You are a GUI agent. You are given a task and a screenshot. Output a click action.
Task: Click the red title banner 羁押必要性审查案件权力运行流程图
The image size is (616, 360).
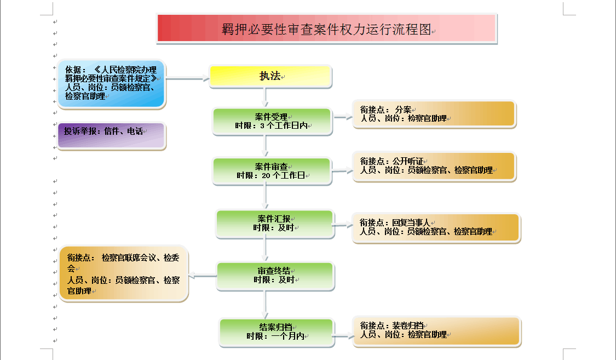326,28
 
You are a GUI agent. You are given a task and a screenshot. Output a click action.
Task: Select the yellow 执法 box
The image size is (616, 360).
270,76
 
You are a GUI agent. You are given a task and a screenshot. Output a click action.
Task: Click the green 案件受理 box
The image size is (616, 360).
272,121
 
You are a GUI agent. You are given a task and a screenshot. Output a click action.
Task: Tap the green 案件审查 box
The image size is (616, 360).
272,170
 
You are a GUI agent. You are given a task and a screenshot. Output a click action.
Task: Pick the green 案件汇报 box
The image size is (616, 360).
275,224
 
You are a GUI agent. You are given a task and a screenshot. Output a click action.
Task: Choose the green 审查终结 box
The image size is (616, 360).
275,276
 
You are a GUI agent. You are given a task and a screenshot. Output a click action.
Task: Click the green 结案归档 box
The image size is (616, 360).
277,332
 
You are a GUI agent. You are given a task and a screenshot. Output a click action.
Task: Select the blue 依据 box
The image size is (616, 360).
111,83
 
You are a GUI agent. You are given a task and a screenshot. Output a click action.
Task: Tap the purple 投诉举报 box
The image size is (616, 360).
111,135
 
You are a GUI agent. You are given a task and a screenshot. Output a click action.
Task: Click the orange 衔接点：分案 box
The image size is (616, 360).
434,114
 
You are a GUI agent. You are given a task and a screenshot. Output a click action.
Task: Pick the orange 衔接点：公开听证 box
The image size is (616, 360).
434,166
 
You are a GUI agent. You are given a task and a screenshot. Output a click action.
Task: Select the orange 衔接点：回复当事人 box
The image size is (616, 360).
436,227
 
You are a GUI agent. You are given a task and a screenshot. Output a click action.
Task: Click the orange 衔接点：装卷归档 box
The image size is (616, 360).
437,330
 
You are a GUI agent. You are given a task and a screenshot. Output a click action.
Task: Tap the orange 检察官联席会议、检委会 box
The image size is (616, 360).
124,273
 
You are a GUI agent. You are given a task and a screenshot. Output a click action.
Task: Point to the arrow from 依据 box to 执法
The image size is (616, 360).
187,79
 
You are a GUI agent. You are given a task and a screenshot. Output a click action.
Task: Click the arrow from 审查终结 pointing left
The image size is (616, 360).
203,276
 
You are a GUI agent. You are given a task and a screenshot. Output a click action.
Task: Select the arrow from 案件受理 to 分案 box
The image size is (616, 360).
342,117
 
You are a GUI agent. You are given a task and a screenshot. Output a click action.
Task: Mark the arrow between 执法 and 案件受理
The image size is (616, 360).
266,98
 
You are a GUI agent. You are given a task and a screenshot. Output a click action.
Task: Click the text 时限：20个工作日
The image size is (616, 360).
272,176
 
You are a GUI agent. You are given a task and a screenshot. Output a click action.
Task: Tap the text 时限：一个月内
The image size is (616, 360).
275,336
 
